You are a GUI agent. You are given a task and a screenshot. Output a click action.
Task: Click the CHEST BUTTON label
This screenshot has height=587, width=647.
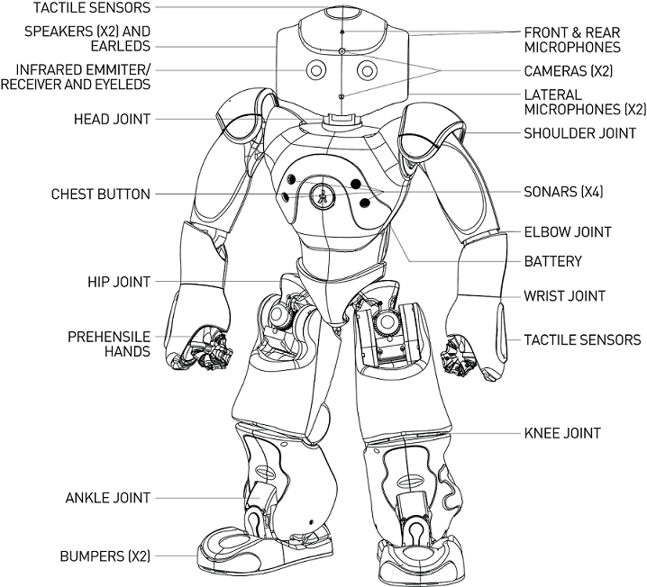pos(100,194)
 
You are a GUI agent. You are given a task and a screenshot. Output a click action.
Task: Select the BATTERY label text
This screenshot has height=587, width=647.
pos(552,262)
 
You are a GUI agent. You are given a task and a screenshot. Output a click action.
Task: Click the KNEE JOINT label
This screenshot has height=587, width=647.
pos(561,433)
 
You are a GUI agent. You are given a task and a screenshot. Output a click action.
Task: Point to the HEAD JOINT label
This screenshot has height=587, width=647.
pos(112,118)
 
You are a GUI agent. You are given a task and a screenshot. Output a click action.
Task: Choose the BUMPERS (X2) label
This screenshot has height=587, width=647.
pos(104,556)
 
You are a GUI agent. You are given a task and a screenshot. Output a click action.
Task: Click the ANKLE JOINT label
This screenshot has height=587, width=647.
pos(107,498)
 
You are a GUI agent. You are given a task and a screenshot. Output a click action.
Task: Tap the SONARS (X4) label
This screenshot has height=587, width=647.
pos(562,192)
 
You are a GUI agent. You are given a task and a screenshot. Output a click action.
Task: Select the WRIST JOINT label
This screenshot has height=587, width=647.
pos(564,295)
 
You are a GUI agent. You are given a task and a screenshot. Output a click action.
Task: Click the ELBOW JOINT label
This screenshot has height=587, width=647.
pos(568,232)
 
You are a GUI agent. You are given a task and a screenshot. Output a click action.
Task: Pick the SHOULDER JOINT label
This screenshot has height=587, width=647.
pos(579,133)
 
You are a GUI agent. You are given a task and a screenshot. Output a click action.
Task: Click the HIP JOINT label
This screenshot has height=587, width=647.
pos(118,282)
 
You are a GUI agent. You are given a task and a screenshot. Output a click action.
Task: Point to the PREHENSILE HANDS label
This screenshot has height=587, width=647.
pos(108,344)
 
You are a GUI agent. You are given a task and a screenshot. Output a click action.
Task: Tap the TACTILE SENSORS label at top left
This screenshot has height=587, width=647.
pos(78,7)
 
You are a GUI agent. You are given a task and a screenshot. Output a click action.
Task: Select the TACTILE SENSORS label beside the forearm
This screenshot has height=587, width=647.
pos(582,340)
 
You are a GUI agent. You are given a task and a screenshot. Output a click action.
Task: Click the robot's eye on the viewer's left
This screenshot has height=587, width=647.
pos(315,70)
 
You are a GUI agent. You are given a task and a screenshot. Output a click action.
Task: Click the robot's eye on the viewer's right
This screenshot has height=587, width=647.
pos(367,70)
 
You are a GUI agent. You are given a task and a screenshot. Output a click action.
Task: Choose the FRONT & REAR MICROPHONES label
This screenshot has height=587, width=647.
pos(572,39)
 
